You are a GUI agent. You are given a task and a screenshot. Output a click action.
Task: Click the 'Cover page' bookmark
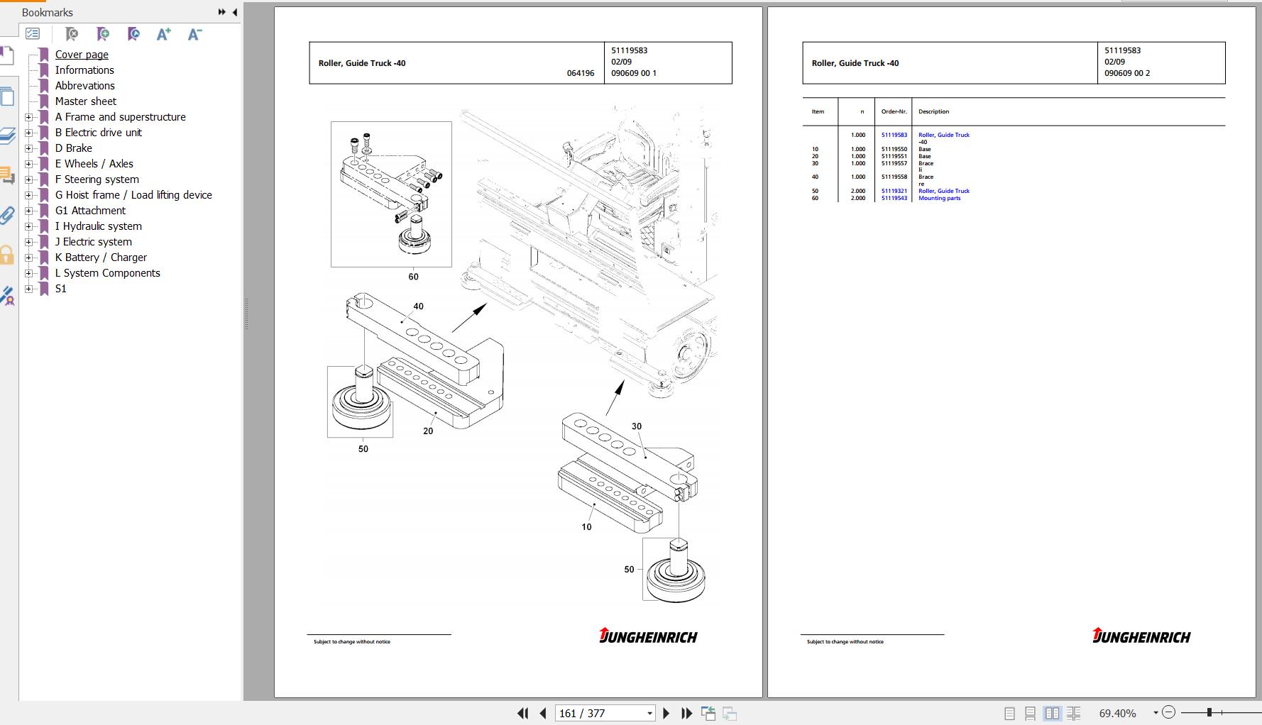(82, 55)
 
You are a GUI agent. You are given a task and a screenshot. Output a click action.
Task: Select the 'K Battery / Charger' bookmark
(101, 258)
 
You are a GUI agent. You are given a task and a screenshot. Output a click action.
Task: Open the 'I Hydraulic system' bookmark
(98, 226)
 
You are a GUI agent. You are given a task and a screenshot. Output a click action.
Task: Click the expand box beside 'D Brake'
(28, 148)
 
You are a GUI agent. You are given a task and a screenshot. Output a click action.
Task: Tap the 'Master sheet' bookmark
(85, 101)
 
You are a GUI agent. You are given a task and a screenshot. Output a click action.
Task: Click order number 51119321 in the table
(894, 191)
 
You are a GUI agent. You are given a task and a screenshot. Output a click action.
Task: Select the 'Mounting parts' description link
(939, 198)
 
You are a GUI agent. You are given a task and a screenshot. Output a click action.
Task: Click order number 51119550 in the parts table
(894, 149)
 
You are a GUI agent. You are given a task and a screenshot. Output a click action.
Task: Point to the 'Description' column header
(933, 111)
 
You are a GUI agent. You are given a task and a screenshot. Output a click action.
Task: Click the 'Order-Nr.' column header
(894, 111)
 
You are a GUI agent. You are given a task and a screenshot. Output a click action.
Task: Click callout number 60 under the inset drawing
(413, 277)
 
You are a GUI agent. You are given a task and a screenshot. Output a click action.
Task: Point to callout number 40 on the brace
(418, 306)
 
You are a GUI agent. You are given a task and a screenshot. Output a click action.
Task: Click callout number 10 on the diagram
(586, 527)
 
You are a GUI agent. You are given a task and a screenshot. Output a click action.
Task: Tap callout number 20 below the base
(428, 431)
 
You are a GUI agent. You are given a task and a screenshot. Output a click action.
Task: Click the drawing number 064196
(581, 73)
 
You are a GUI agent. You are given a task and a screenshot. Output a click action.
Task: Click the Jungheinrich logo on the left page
(648, 636)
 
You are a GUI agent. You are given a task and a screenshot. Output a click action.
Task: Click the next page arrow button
(666, 713)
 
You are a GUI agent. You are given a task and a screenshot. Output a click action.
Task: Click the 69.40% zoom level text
(1117, 713)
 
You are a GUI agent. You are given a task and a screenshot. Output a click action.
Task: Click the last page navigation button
(686, 713)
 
